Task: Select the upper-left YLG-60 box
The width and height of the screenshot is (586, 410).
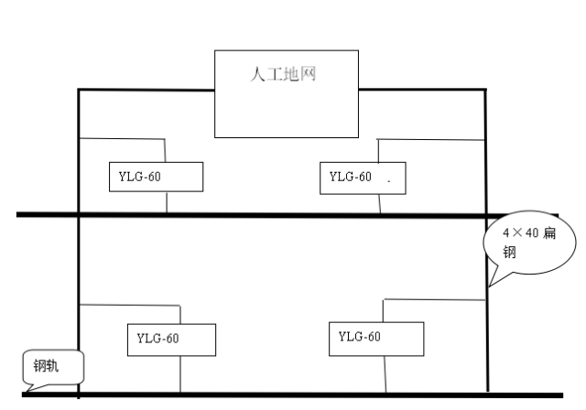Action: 155,177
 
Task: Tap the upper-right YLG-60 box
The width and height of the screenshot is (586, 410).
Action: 361,177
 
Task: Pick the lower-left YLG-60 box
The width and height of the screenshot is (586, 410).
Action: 171,339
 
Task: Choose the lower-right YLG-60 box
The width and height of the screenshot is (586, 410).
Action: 376,338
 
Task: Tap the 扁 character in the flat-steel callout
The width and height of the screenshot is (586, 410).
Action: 549,233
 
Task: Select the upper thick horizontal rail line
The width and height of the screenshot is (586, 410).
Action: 247,215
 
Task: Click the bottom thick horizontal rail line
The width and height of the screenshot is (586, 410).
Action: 275,394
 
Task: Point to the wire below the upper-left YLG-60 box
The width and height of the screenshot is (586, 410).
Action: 166,202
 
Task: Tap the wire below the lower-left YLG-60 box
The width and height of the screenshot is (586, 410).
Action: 180,374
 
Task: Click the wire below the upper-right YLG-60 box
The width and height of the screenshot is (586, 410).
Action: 380,203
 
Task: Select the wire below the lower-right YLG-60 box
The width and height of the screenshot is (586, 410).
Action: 385,374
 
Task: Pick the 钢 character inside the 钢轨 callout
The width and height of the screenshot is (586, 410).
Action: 40,367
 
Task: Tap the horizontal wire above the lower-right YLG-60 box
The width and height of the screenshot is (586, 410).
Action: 434,298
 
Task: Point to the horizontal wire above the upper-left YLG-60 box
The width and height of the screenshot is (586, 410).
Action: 122,139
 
